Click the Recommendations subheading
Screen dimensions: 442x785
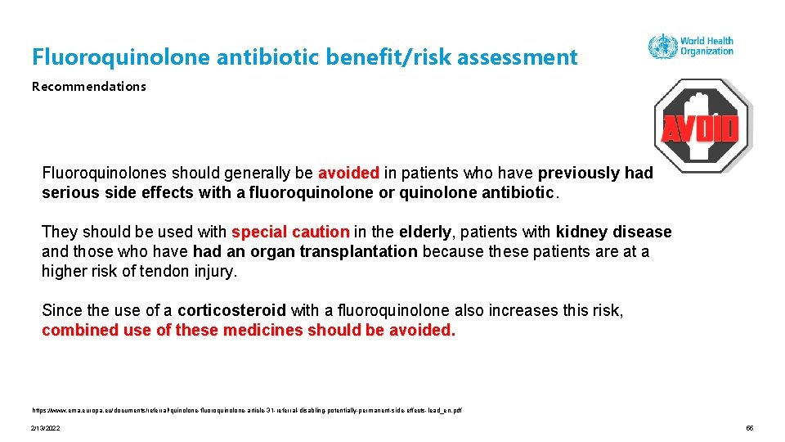click(89, 86)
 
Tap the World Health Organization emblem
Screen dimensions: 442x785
click(662, 46)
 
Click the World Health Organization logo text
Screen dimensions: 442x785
click(706, 46)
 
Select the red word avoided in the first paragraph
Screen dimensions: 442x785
click(348, 174)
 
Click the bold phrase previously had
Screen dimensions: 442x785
click(595, 174)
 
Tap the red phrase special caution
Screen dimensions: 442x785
click(290, 232)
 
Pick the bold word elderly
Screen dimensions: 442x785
click(424, 232)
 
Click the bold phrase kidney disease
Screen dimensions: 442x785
click(613, 232)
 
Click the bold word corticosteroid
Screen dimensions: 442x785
click(231, 311)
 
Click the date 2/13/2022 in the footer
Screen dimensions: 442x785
click(47, 428)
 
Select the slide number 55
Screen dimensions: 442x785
click(749, 428)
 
